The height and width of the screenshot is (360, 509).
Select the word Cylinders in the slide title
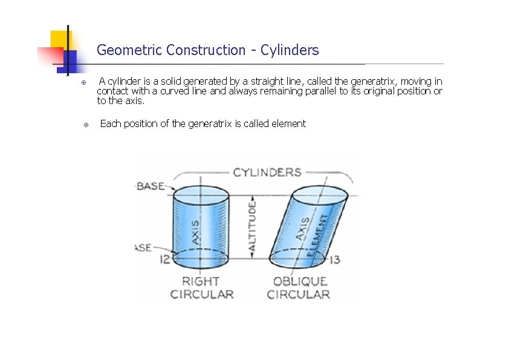pos(290,50)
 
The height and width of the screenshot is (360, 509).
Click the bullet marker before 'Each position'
pos(86,125)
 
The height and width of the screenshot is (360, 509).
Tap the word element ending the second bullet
pos(288,124)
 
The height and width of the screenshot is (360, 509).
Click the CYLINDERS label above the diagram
pos(267,172)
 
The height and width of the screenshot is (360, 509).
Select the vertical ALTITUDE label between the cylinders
pos(252,227)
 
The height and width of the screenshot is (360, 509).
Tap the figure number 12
pos(165,260)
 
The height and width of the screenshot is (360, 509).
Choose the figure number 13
pos(335,260)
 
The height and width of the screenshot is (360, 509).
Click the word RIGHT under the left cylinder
pos(201,281)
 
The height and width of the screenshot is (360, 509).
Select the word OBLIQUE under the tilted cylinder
pos(300,281)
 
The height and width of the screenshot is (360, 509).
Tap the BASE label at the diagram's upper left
pos(150,186)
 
